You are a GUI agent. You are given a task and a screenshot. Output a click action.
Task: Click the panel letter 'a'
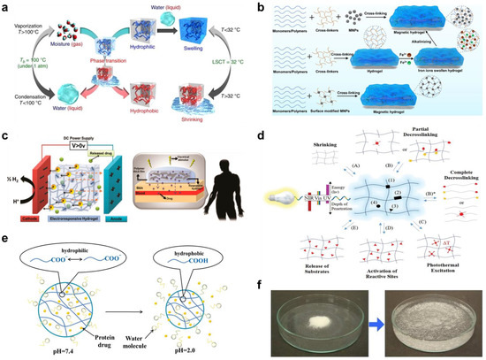[x=6, y=6]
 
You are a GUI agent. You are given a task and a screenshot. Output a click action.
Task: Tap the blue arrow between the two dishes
[x=358, y=312]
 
